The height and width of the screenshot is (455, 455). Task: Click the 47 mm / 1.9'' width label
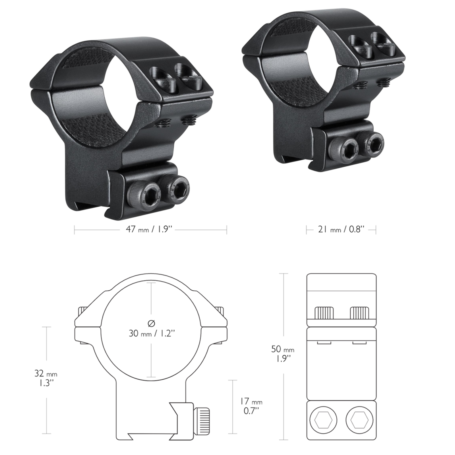[x=150, y=229]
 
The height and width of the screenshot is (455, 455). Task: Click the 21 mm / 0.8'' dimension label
[x=341, y=229]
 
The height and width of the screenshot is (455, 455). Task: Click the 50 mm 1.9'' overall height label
[x=283, y=354]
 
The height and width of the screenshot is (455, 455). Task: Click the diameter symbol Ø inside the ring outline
[x=151, y=323]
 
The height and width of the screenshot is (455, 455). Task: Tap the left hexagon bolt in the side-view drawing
[x=323, y=420]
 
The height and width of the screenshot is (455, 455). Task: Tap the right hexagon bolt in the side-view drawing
[x=359, y=420]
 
